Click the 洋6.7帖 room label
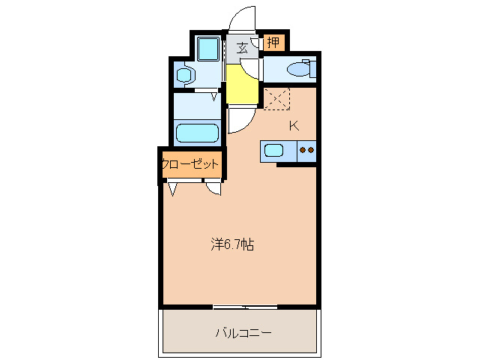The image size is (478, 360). pos(232,244)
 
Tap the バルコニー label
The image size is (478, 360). pos(243,331)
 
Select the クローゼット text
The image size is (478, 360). pos(190,163)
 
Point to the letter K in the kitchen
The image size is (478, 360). pos(294,125)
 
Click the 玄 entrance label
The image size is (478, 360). pos(243,48)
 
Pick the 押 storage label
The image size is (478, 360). pos(273,43)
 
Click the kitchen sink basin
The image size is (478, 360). pos(274,151)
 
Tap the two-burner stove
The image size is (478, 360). pos(306,151)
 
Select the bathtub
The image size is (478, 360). pos(197,133)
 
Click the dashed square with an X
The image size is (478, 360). pos(276,98)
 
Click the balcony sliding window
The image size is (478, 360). pos(244,307)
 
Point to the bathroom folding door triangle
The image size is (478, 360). pos(215,96)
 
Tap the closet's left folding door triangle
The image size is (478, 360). pos(174,189)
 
